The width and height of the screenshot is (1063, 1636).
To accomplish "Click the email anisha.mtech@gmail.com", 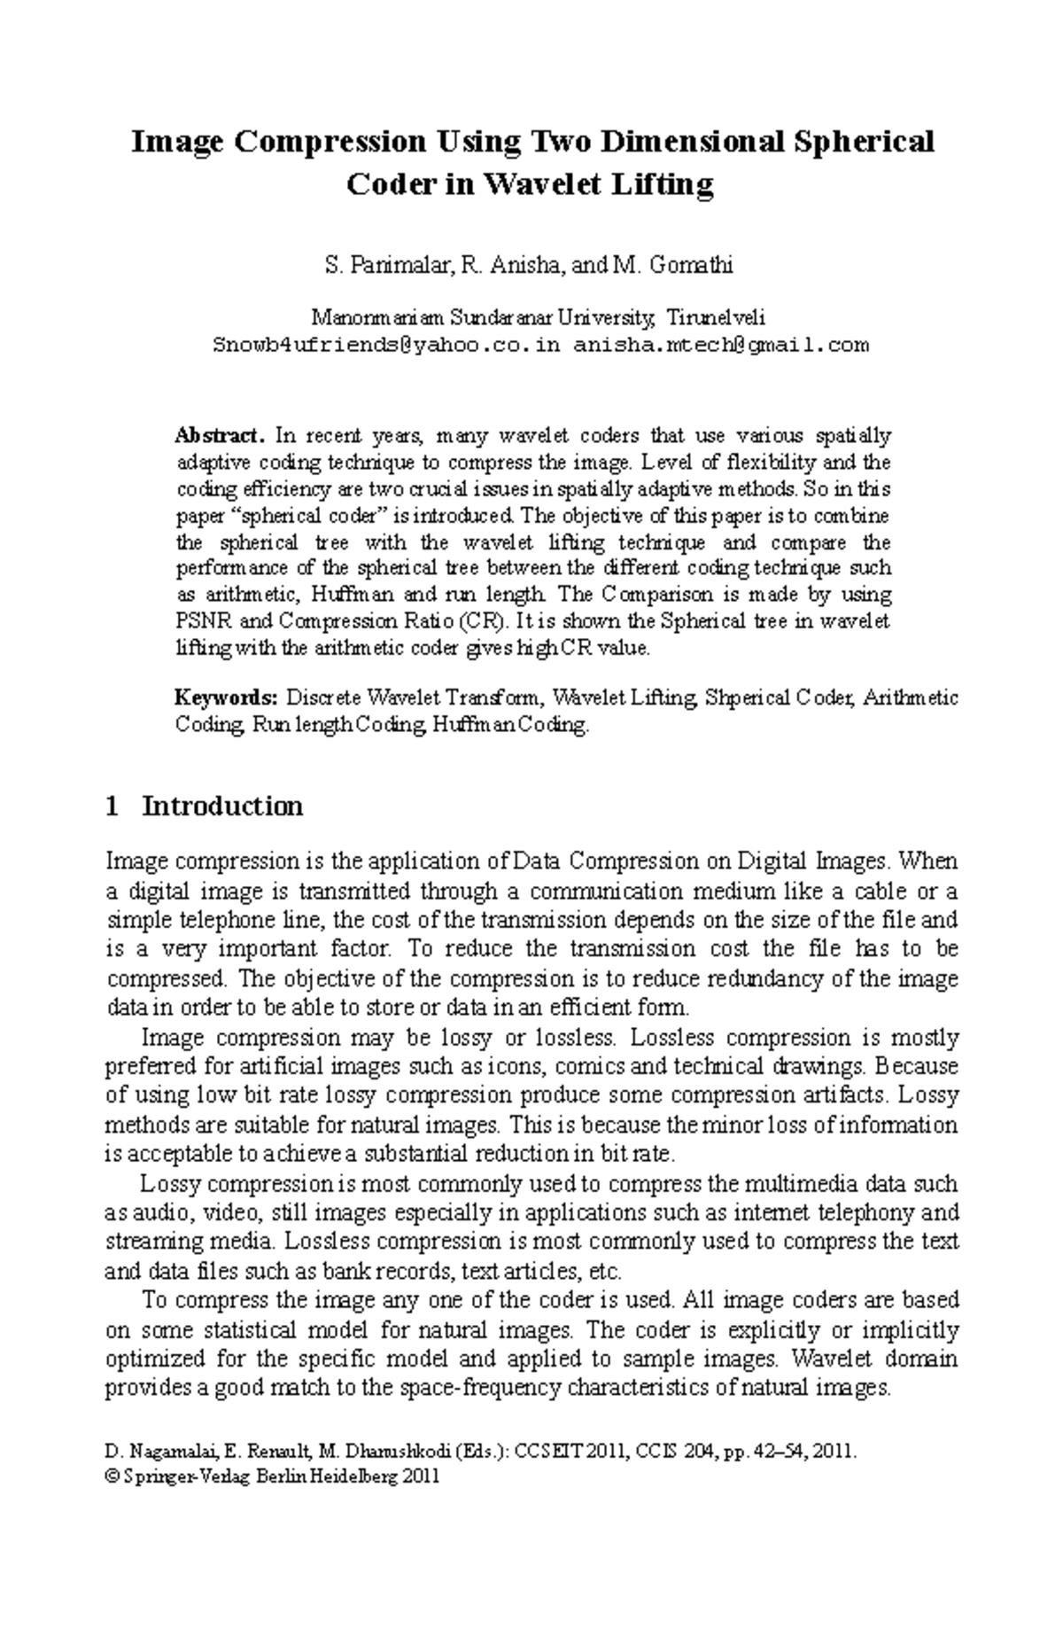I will (721, 345).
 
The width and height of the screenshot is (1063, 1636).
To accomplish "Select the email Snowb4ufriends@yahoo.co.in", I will (386, 345).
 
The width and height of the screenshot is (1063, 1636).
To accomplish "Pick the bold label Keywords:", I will (227, 698).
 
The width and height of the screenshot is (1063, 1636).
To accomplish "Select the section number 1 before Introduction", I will (112, 806).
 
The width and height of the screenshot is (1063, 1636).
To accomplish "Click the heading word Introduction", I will (222, 806).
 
